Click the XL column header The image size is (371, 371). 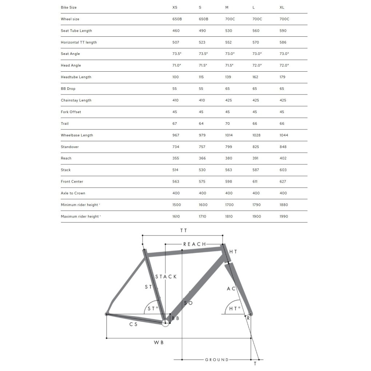tap(282, 8)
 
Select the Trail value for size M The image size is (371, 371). tap(228, 124)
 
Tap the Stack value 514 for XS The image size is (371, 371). tap(176, 170)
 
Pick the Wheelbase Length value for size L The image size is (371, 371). tap(256, 135)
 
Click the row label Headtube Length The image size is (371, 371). tap(76, 77)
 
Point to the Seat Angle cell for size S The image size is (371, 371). tap(203, 54)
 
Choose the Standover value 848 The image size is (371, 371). tap(283, 147)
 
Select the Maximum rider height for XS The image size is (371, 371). tap(176, 216)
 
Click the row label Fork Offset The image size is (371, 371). tap(71, 112)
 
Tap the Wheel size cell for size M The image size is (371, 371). tap(230, 19)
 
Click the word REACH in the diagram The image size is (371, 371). tap(194, 244)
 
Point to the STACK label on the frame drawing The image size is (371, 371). tap(166, 277)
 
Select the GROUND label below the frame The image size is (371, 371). tap(217, 360)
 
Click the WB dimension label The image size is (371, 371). tap(159, 343)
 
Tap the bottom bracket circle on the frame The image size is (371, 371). tap(165, 322)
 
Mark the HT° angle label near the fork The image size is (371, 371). tap(235, 309)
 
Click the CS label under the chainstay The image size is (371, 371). tap(133, 324)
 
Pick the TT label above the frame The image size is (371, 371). tap(184, 231)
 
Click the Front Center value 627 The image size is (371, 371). tap(283, 181)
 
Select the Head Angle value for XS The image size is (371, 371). tap(176, 65)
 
